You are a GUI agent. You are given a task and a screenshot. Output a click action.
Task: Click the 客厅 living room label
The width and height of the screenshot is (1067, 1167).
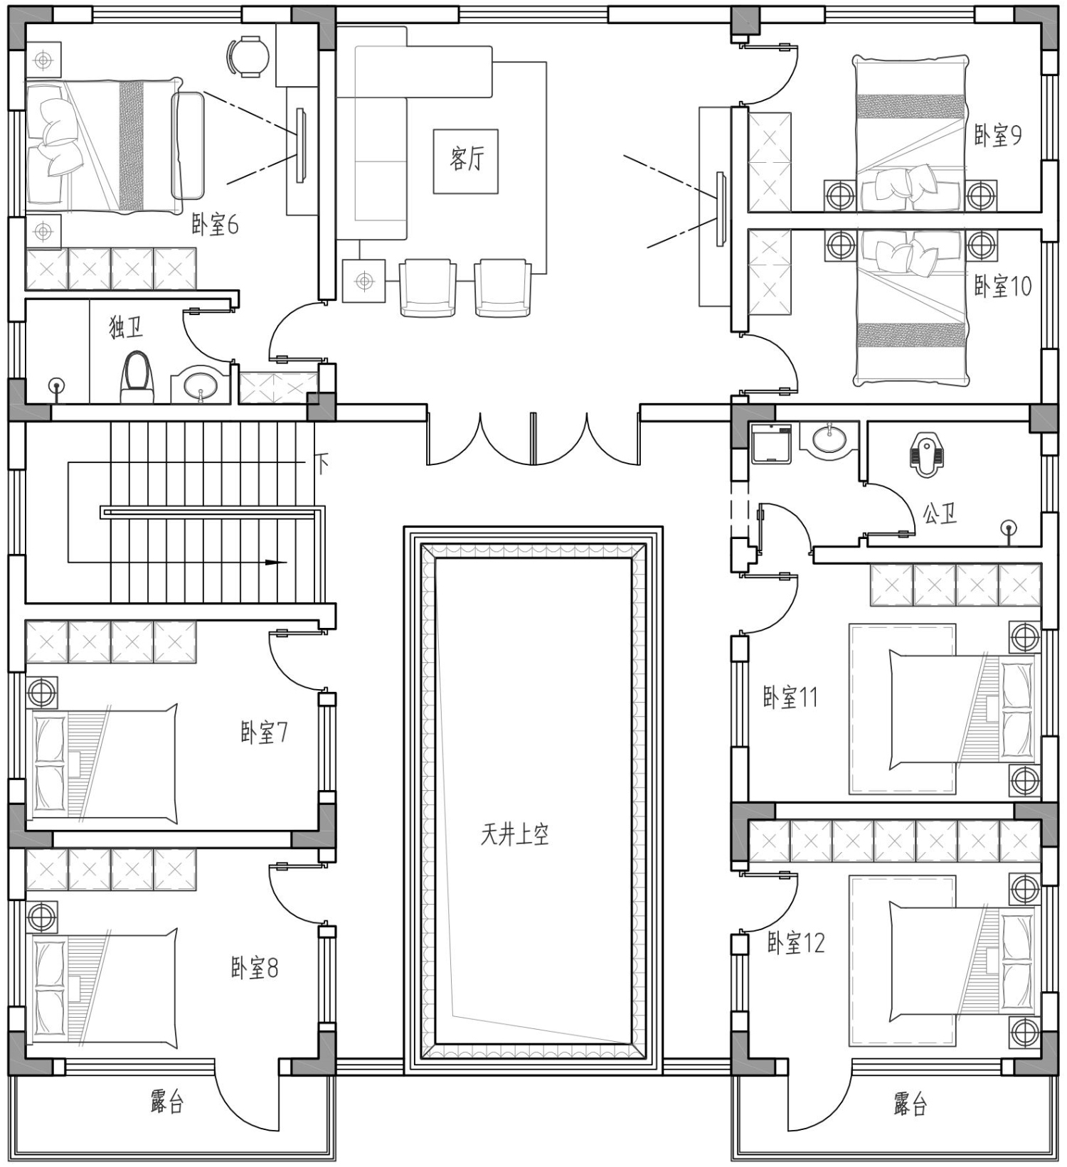pyautogui.click(x=466, y=158)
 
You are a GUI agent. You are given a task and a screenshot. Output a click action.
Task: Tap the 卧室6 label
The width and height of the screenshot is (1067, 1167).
pyautogui.click(x=215, y=225)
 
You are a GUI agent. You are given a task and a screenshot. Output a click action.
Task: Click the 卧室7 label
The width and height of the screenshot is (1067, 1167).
pyautogui.click(x=264, y=732)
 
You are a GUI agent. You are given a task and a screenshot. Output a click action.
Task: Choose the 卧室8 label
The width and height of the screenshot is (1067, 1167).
pyautogui.click(x=255, y=968)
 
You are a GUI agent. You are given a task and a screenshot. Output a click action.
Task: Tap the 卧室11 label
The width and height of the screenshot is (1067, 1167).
pyautogui.click(x=790, y=697)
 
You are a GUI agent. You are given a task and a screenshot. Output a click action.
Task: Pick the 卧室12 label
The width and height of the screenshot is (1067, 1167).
pyautogui.click(x=795, y=943)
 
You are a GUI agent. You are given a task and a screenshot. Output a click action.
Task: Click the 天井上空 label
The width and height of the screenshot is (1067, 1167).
pyautogui.click(x=514, y=834)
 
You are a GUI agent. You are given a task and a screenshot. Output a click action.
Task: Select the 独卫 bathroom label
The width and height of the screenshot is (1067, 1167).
pyautogui.click(x=126, y=328)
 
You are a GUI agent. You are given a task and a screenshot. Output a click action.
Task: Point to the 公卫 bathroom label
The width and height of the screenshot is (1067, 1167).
pyautogui.click(x=940, y=513)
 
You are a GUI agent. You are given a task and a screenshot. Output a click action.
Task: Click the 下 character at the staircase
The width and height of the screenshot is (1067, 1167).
pyautogui.click(x=322, y=464)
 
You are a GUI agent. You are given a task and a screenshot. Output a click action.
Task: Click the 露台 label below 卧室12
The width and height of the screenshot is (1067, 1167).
pyautogui.click(x=911, y=1104)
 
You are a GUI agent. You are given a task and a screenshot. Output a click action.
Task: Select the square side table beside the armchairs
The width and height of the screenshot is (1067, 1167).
pyautogui.click(x=363, y=281)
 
